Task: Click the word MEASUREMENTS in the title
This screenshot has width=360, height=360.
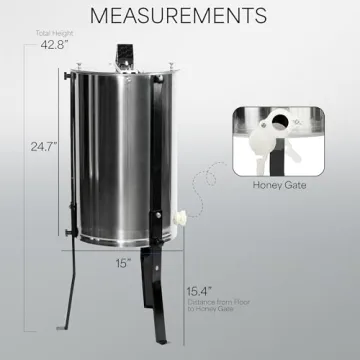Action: (180, 16)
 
